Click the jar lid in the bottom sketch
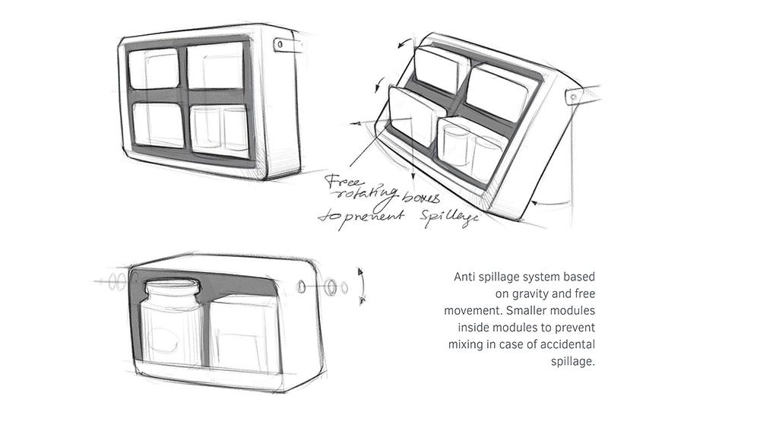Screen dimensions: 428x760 (x=174, y=288)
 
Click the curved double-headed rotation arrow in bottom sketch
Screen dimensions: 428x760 (x=363, y=285)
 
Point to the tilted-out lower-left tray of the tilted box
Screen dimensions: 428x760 (x=410, y=117)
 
